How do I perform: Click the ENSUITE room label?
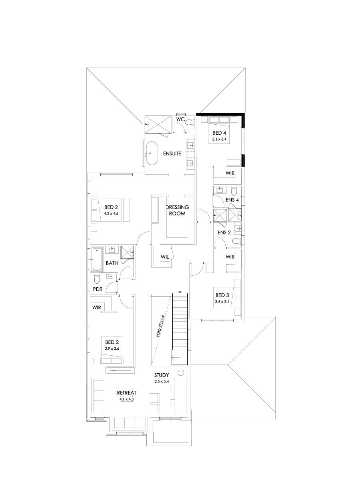(172, 153)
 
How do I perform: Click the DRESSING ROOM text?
(177, 210)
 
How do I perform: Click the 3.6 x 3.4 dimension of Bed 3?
(222, 302)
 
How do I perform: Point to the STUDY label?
(162, 375)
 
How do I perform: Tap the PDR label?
(97, 289)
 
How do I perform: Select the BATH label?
(111, 263)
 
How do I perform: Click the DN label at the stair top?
(180, 293)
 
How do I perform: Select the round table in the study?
(181, 373)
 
